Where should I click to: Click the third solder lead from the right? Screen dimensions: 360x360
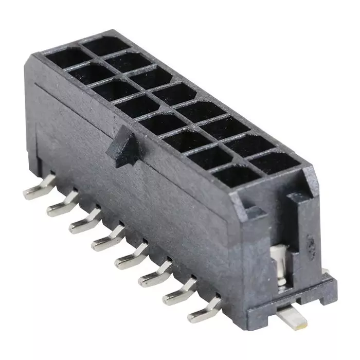155,275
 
